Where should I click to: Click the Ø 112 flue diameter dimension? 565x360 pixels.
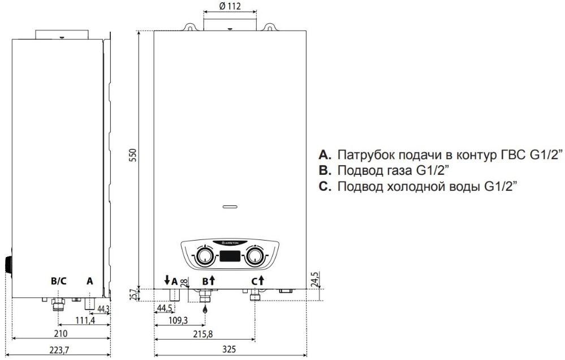coord(230,6)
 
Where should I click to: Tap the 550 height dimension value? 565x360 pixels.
coord(133,155)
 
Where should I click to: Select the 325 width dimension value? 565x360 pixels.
coord(229,349)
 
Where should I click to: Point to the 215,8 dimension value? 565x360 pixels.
coord(203,334)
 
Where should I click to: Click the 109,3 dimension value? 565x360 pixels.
coord(178,320)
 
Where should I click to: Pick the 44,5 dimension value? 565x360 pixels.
coord(165,308)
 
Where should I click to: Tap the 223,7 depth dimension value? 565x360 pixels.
coord(59,350)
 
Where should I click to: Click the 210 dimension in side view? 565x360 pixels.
coord(61,333)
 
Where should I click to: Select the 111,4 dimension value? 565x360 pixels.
coord(85,320)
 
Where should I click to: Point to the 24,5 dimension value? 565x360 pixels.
coord(314,279)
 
